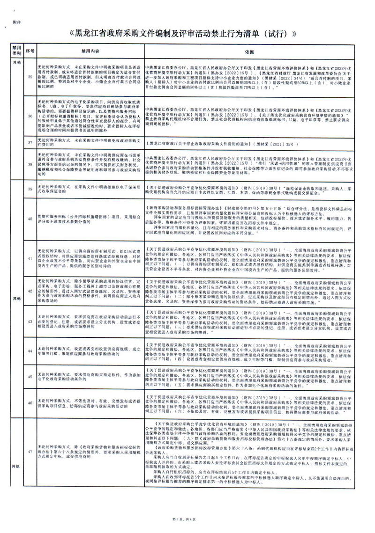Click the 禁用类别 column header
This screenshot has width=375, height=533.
[x=17, y=50]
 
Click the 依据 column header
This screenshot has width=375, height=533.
[x=248, y=50]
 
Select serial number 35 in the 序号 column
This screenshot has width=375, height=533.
[x=30, y=77]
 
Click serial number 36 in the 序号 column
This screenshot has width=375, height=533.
[x=30, y=116]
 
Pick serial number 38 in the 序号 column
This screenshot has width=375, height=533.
[x=30, y=164]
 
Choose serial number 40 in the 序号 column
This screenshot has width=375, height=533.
[x=30, y=218]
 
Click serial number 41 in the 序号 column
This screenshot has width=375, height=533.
[x=30, y=258]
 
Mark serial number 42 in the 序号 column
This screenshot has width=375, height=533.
[x=30, y=292]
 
